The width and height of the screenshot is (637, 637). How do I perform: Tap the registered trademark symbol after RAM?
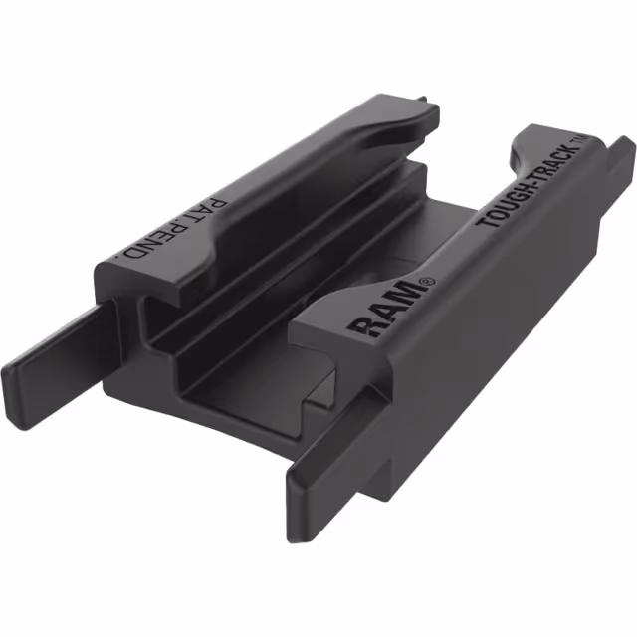point(429,282)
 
